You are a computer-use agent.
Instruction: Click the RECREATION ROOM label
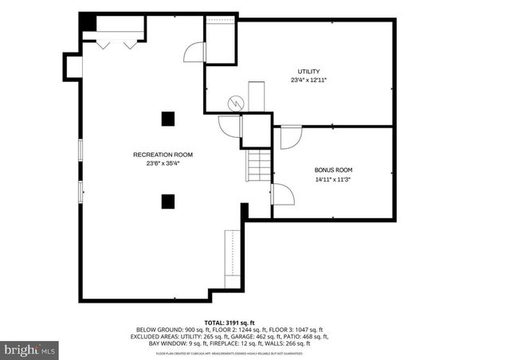163,155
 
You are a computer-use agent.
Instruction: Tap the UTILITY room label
308,71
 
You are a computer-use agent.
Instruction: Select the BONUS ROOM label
332,170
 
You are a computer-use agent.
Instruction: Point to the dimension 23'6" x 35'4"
163,164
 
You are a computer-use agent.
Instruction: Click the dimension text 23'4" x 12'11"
308,80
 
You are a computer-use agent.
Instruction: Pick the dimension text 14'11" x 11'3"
332,180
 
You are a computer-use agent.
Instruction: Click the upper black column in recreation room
168,119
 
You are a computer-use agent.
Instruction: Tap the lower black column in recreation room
168,201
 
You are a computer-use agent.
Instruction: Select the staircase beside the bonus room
258,166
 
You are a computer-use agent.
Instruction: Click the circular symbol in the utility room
236,103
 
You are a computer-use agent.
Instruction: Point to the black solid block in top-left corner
88,24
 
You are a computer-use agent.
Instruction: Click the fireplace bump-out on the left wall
73,66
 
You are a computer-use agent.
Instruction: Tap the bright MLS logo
30,349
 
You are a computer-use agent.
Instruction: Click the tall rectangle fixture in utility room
256,96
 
